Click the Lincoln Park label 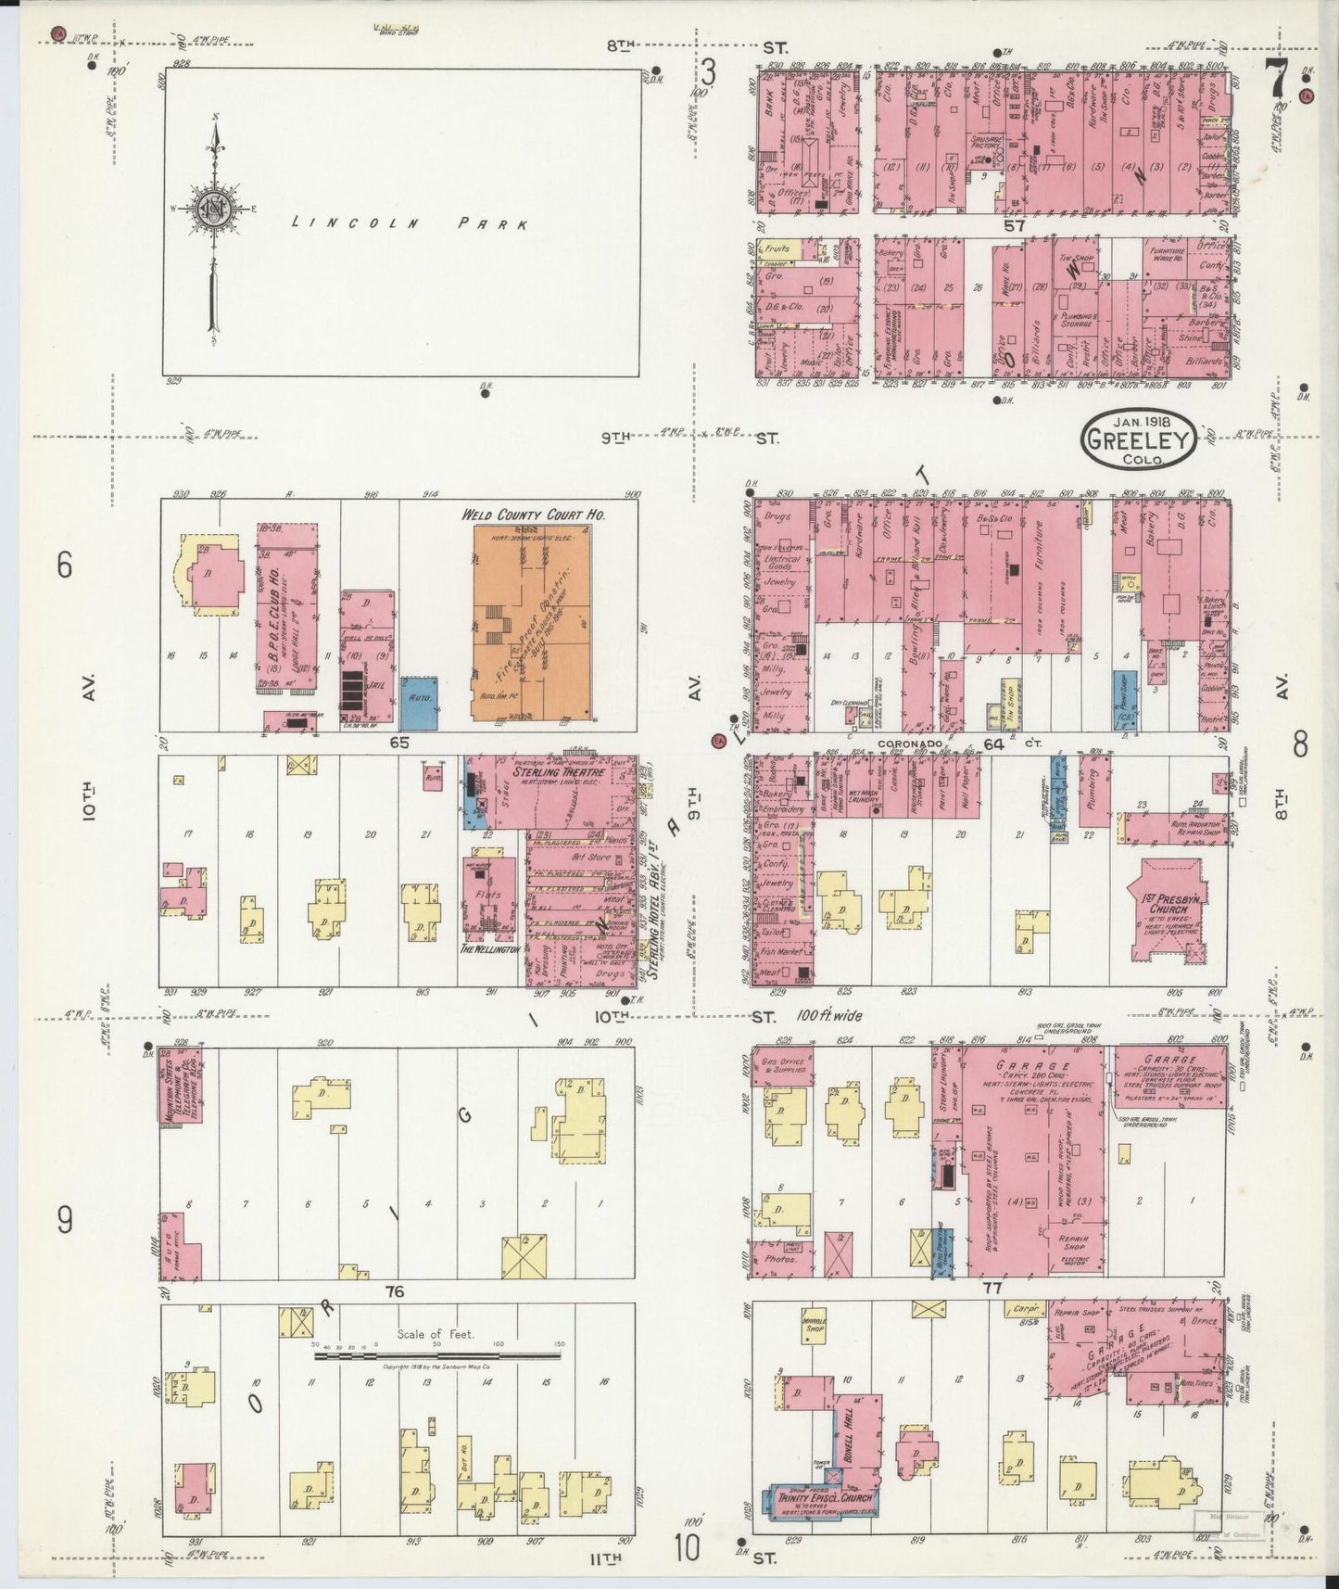tap(410, 224)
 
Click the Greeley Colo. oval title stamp tap(1138, 440)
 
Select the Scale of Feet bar tap(437, 1355)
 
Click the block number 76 tap(396, 1291)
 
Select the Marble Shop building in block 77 tap(814, 1328)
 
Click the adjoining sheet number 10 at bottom tap(687, 1546)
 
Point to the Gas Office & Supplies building tap(780, 1067)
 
